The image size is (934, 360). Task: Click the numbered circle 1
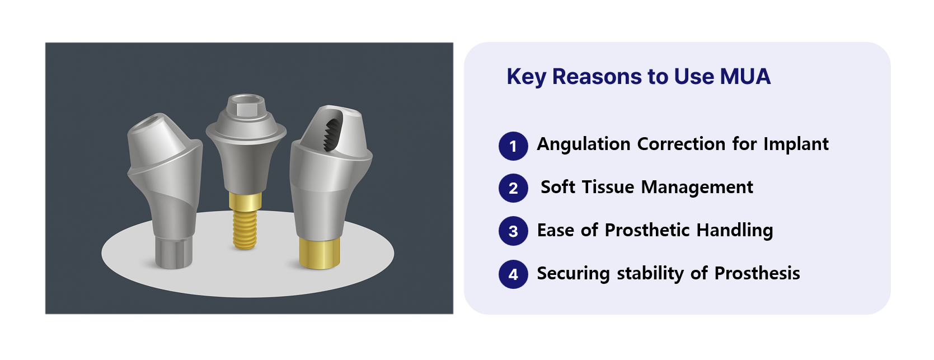tap(513, 146)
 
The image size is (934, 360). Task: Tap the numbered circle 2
tap(513, 188)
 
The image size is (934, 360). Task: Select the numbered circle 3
tap(513, 231)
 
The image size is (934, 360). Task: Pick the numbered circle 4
tap(513, 274)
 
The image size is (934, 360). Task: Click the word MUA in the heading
tap(745, 76)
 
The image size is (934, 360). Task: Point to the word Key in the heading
tap(526, 77)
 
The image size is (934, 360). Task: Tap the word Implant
tap(796, 144)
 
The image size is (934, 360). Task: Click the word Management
tap(697, 188)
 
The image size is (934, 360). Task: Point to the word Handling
tap(735, 231)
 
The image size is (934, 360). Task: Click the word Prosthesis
tap(757, 273)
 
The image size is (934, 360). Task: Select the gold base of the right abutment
tap(320, 253)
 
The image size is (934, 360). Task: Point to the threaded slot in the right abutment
tap(333, 134)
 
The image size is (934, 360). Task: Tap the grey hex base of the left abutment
tap(173, 253)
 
